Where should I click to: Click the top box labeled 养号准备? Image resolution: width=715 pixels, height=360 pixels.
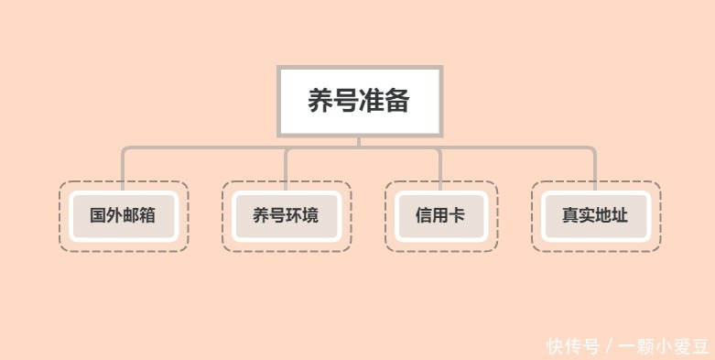(359, 102)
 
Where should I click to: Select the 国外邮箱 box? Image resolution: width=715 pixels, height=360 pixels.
(124, 217)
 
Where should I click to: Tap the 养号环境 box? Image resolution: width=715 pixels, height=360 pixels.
(287, 217)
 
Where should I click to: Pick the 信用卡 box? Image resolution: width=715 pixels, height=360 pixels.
(440, 217)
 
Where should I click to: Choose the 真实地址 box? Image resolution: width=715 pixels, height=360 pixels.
(596, 217)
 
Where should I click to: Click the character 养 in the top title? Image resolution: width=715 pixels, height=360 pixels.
(320, 102)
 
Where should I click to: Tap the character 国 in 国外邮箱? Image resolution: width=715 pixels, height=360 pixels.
(98, 217)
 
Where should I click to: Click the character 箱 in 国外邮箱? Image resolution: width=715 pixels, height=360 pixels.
(148, 217)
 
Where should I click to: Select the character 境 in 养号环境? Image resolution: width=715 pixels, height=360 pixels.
(311, 217)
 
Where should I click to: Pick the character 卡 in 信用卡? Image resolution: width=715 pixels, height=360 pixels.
(457, 217)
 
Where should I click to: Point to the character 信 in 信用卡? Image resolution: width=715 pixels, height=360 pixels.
(424, 217)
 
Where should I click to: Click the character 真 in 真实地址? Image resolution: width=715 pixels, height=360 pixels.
(571, 217)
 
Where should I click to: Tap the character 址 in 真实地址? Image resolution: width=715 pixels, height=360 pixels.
(621, 217)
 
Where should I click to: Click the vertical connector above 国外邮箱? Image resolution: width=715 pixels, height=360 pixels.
(124, 165)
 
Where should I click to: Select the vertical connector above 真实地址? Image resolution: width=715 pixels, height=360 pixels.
(596, 165)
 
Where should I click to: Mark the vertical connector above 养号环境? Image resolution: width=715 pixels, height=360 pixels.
(287, 165)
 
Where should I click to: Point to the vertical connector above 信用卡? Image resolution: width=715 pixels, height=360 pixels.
(440, 165)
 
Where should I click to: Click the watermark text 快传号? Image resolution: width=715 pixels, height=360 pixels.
(573, 346)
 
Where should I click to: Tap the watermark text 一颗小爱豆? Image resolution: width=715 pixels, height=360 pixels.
(664, 346)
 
